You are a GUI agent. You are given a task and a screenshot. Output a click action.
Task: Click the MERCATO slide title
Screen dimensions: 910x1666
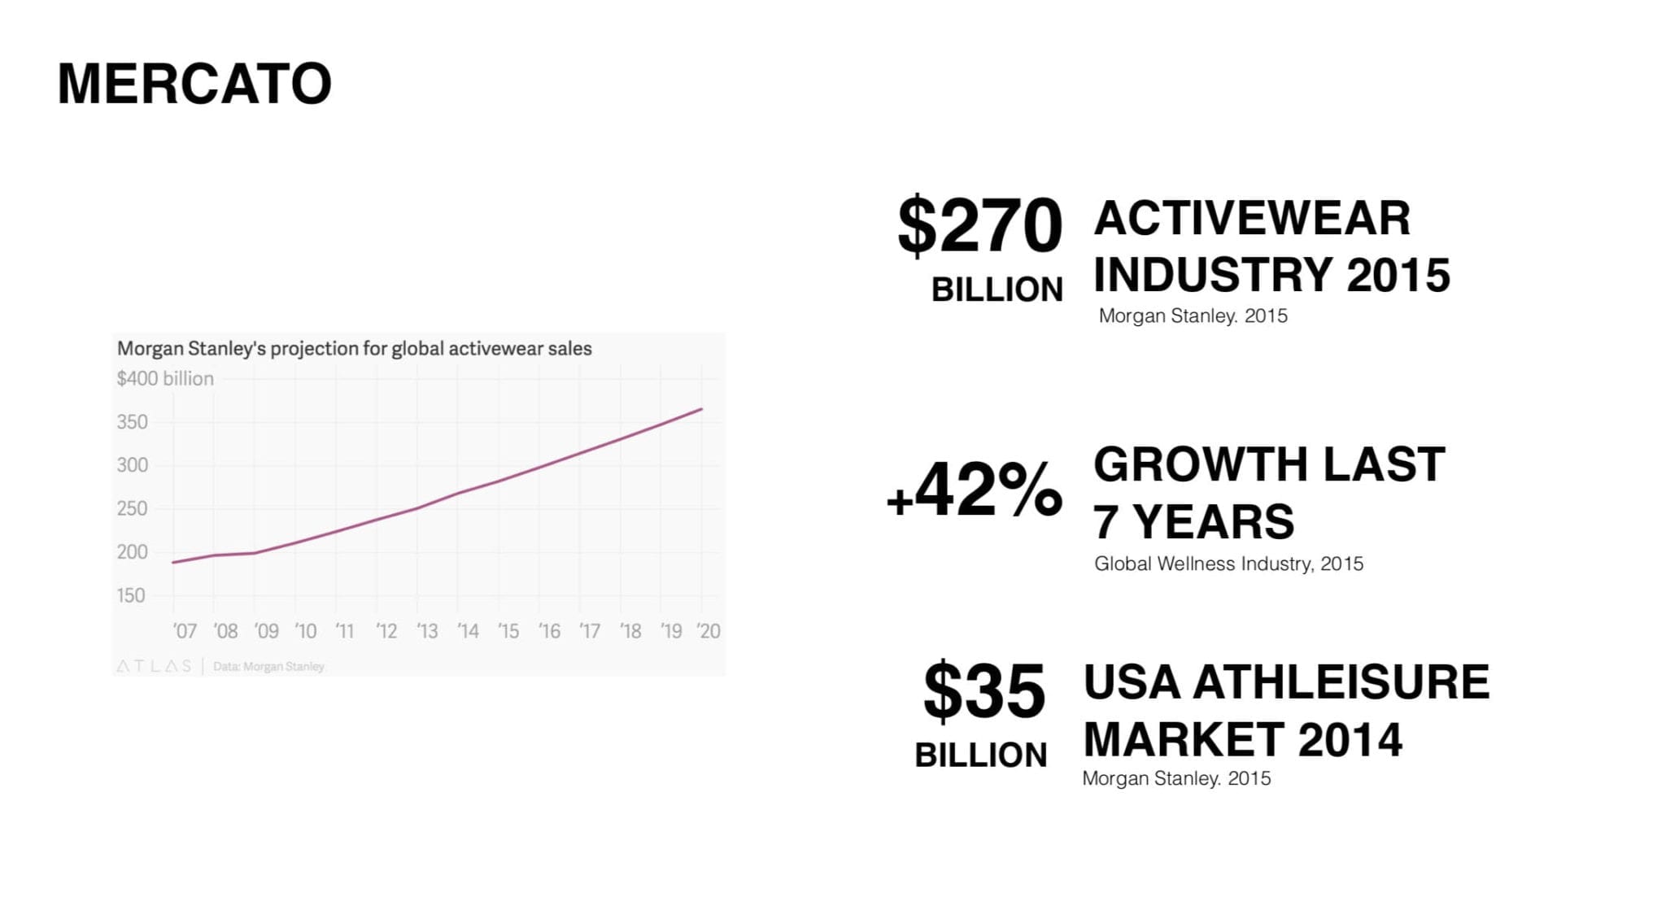tap(194, 84)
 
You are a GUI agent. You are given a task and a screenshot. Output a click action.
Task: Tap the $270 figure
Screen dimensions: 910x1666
tap(979, 225)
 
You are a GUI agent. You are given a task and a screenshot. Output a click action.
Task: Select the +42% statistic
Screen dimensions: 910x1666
tap(975, 490)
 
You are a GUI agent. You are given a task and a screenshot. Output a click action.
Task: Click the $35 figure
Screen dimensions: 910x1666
tap(984, 691)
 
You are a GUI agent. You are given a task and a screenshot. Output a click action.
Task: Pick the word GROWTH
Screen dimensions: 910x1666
tap(1198, 464)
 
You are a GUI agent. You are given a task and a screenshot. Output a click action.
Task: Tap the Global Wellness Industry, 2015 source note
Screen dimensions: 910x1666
tap(1228, 564)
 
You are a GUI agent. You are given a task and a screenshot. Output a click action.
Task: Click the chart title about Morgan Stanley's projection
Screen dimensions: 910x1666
tap(355, 349)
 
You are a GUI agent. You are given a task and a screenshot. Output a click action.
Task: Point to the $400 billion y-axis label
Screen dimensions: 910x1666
tap(165, 378)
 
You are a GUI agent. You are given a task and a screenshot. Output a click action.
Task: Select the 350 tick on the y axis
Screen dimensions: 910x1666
tap(133, 422)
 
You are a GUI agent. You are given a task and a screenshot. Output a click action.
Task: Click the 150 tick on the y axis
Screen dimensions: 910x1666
tap(132, 595)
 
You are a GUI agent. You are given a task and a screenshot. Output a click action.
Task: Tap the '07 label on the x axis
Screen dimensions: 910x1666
tap(185, 631)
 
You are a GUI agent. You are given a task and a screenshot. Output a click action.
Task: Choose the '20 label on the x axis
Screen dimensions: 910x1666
tap(709, 631)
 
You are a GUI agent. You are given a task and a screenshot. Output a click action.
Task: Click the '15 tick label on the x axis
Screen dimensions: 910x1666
tap(508, 631)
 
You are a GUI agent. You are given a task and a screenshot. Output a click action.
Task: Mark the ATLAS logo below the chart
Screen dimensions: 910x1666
tap(154, 666)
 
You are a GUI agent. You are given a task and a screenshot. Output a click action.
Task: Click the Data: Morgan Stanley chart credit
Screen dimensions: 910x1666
tap(268, 667)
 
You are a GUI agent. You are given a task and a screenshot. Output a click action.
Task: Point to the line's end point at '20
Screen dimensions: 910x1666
tap(701, 409)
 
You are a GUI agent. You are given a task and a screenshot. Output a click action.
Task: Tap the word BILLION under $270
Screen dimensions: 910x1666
tap(997, 290)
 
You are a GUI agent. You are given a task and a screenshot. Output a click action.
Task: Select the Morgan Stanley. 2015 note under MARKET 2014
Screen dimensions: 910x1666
tap(1176, 778)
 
